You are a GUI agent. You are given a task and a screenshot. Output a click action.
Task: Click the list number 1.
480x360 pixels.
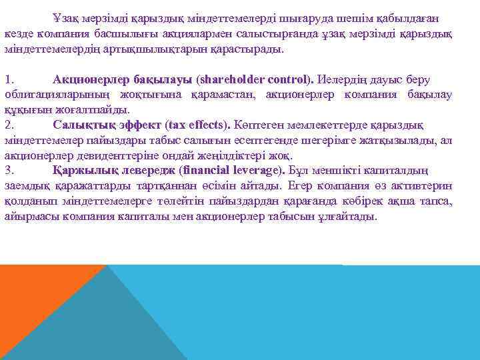[x=8, y=80]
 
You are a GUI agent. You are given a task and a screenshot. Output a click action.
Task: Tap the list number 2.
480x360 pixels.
[x=8, y=125]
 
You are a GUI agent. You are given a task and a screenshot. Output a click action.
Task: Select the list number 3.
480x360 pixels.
[x=8, y=170]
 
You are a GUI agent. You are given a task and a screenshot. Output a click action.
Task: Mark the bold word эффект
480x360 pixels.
[x=136, y=125]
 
